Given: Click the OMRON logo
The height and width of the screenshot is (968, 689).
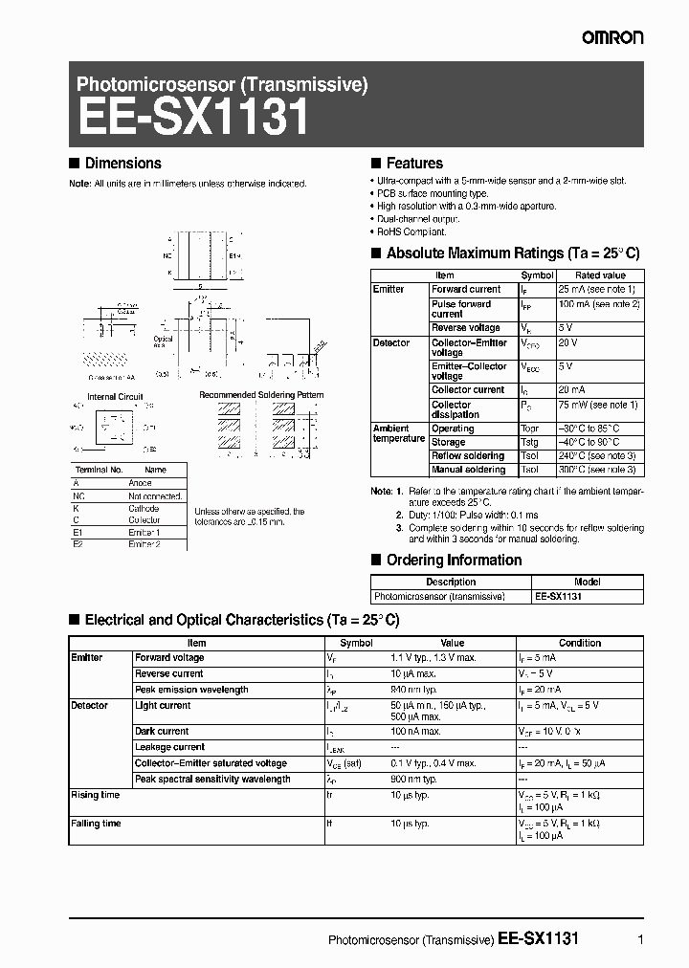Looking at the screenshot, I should tap(612, 36).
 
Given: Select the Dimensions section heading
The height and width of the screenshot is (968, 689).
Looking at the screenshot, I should tap(122, 164).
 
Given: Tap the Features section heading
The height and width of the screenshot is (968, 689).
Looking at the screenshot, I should tap(413, 164).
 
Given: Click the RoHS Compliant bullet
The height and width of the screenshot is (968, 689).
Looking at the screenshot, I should tap(412, 231).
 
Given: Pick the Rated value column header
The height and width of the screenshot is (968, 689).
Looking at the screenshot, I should tap(600, 275).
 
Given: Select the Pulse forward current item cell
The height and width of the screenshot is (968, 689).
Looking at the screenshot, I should tap(461, 309).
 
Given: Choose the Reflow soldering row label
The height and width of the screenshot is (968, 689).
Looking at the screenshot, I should tap(468, 456).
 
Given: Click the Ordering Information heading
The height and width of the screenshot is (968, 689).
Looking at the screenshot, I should tap(454, 561).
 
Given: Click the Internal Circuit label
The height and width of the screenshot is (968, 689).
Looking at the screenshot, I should tap(115, 396).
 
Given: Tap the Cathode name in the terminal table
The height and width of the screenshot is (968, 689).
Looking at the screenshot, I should tap(144, 509).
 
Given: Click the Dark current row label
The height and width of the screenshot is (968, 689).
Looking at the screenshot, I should tap(162, 732).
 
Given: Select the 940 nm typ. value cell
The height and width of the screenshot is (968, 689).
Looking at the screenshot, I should tap(414, 690).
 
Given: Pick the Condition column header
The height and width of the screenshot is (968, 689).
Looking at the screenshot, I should tap(580, 644).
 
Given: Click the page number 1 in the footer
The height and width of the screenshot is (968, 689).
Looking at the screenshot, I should tap(638, 939).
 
